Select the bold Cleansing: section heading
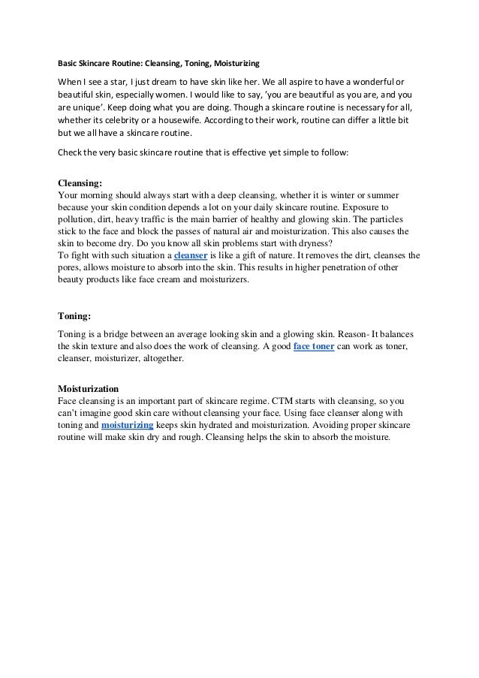click(80, 182)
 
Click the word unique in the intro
click(82, 108)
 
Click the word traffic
click(151, 218)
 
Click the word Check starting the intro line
click(70, 154)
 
